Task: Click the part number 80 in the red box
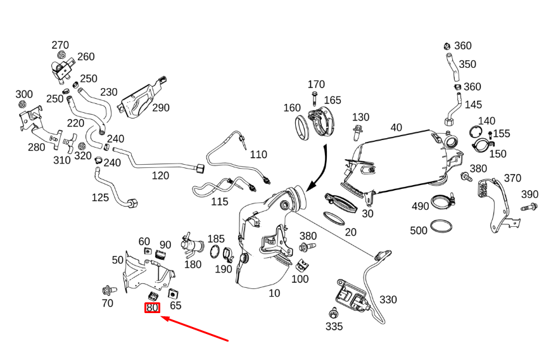click(x=152, y=308)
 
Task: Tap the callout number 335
click(x=334, y=326)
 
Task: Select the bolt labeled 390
click(x=529, y=207)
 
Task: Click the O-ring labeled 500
click(x=441, y=226)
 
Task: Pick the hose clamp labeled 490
click(x=444, y=203)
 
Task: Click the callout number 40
click(x=396, y=127)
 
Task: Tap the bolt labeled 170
click(x=315, y=98)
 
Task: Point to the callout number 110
click(x=258, y=154)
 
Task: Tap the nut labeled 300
click(x=23, y=105)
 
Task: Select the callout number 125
click(x=100, y=197)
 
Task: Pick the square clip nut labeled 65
click(x=172, y=293)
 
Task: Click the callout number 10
click(x=274, y=293)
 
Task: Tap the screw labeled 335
click(x=333, y=312)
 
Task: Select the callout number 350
click(x=467, y=64)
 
